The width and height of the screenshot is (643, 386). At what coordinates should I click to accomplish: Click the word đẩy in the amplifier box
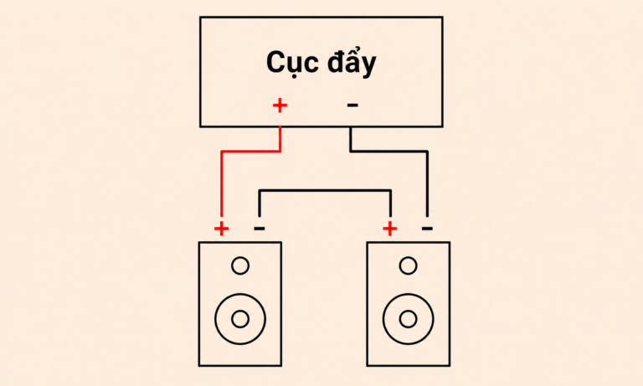pos(352,61)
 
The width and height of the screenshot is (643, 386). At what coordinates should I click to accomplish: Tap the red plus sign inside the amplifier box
pos(280,106)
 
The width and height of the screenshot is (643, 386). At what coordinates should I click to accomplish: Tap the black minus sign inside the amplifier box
pos(352,106)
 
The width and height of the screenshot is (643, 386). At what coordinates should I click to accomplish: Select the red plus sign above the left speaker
pos(221,229)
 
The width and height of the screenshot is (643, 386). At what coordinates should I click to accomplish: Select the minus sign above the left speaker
pos(260,228)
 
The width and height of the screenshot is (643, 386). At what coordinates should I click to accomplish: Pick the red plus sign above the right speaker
pos(389,229)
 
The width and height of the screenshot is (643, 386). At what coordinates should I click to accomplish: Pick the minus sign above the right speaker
pos(427,228)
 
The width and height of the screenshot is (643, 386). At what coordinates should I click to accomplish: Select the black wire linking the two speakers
pos(325,190)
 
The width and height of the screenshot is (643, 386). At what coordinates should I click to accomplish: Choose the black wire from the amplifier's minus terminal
pos(410,152)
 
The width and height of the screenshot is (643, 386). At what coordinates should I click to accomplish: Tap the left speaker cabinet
pos(199,304)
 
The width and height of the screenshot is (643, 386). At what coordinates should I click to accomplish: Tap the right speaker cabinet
pos(367,304)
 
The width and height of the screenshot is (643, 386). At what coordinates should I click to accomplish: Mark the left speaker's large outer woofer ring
pos(215,319)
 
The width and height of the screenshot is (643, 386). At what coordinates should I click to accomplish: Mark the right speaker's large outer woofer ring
pos(383,319)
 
